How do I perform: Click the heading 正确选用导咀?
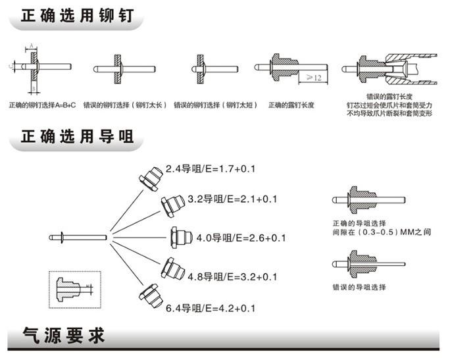click(78, 137)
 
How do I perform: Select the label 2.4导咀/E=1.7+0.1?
click(210, 169)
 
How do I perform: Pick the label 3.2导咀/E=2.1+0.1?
click(232, 199)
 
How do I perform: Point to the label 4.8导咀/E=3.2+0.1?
click(232, 276)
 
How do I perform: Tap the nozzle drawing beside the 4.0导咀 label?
click(181, 236)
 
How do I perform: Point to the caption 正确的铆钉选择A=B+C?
click(43, 105)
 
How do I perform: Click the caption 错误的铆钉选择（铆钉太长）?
click(128, 105)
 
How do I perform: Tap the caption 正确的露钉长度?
click(291, 105)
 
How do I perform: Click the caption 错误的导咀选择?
click(359, 288)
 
